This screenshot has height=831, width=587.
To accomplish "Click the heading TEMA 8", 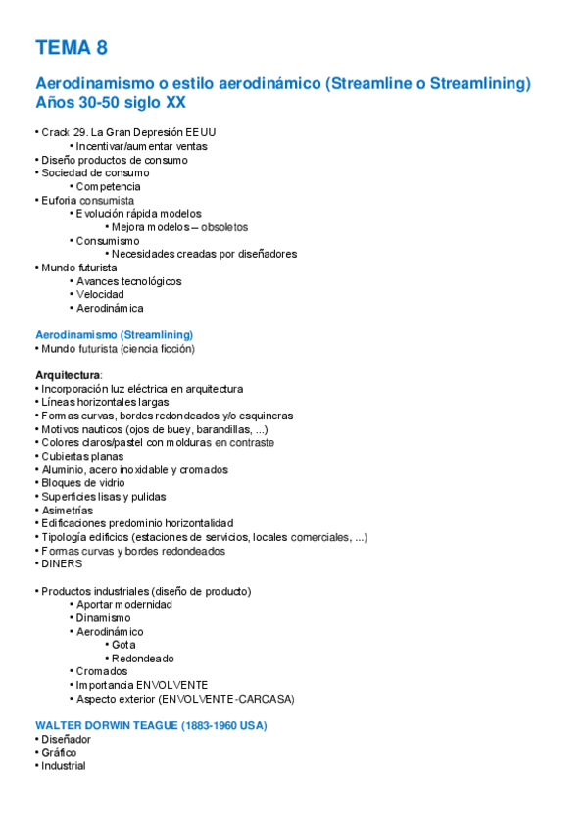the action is (71, 47).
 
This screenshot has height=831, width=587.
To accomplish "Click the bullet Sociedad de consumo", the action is (95, 172).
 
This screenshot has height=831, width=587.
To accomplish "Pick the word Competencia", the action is (109, 186).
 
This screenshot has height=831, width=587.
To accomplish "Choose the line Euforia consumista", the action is (87, 200).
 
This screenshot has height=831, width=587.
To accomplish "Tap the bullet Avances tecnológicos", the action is (128, 281).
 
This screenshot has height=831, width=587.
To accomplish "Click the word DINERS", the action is (62, 563).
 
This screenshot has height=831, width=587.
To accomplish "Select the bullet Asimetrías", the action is (68, 510).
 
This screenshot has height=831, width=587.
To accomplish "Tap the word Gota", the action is (123, 645).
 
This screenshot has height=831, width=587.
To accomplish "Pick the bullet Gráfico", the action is (59, 753).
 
